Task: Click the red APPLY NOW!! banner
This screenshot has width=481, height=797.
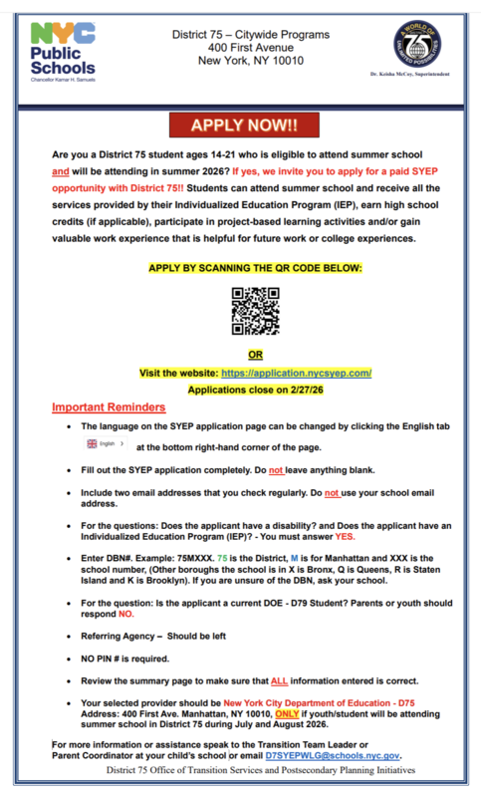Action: point(239,127)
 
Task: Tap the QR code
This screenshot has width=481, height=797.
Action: point(255,311)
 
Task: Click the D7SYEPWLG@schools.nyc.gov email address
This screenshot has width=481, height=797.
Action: point(332,756)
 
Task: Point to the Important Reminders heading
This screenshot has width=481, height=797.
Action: point(110,407)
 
